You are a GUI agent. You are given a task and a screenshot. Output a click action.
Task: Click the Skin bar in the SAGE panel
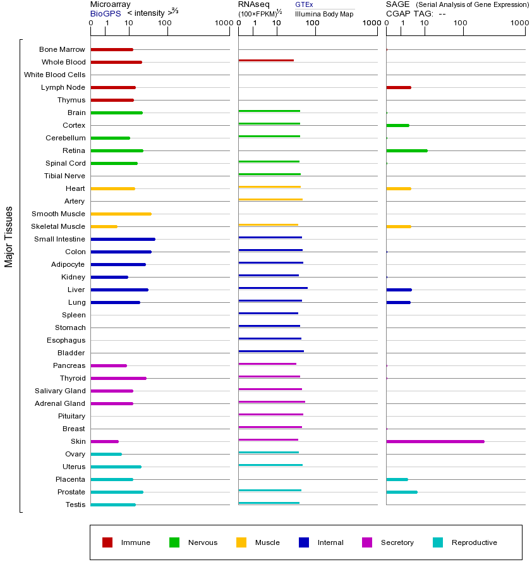click(x=435, y=441)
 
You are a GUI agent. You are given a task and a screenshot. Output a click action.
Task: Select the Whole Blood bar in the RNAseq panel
click(x=266, y=60)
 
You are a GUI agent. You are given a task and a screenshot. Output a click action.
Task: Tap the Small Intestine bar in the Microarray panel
click(x=123, y=239)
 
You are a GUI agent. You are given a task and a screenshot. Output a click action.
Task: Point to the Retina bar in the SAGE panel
click(x=407, y=150)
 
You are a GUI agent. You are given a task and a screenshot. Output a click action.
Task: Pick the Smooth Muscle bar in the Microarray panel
click(x=121, y=214)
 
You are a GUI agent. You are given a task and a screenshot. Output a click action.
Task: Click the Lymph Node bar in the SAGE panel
click(x=399, y=87)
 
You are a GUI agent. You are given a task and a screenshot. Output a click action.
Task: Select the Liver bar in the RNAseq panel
click(x=273, y=288)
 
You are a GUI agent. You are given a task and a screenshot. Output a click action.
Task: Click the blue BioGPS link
click(x=104, y=13)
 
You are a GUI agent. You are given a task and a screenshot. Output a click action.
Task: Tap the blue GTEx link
click(x=304, y=4)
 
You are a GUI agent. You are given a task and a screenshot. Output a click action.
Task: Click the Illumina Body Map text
click(x=324, y=13)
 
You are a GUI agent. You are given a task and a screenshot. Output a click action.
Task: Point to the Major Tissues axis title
click(x=9, y=236)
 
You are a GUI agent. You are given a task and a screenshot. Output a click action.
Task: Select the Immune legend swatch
click(x=107, y=542)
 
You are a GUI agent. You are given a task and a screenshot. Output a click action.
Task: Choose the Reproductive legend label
click(x=474, y=542)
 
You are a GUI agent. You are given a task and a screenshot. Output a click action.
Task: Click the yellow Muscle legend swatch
click(x=241, y=542)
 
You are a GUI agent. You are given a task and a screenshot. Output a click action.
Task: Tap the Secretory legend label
click(x=397, y=542)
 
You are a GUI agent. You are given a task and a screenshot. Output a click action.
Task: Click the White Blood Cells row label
click(x=54, y=75)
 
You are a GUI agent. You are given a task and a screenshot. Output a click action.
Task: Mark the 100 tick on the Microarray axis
click(x=165, y=23)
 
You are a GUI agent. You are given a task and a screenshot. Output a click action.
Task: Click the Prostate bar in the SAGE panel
click(x=402, y=492)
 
